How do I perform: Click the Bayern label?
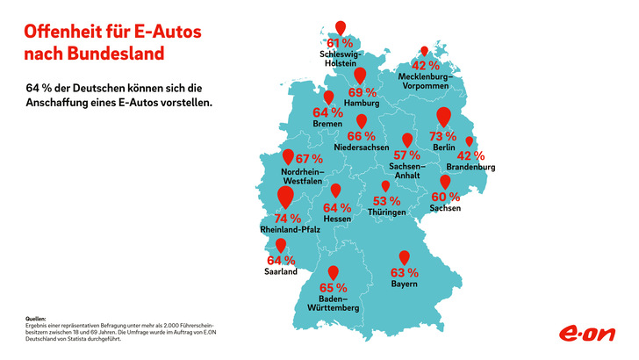(x=404, y=284)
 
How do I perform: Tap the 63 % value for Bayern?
(x=404, y=272)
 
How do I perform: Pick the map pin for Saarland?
(x=281, y=246)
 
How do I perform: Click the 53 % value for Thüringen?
(x=387, y=200)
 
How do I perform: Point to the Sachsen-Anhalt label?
(x=406, y=171)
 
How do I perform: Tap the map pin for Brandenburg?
(x=470, y=141)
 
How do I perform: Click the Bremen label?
(x=327, y=124)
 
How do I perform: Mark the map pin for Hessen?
(x=336, y=190)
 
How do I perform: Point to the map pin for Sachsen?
(x=445, y=181)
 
